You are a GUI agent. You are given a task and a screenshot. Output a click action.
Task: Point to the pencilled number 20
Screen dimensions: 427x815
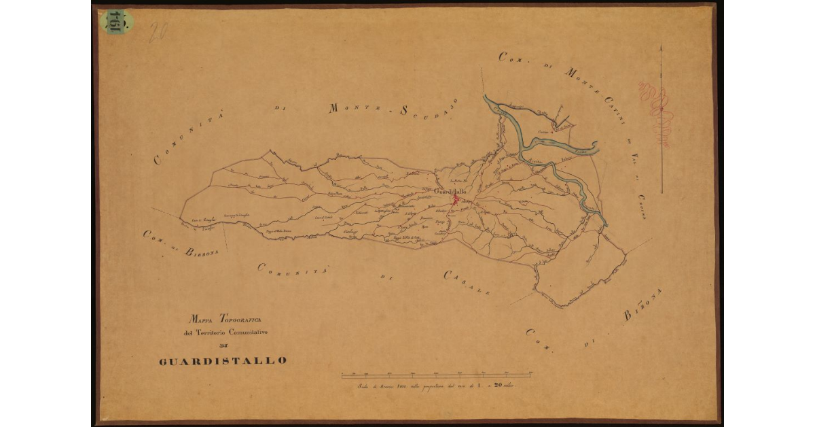(x=158, y=31)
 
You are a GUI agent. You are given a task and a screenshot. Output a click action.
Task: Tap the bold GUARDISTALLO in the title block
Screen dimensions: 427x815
(x=223, y=360)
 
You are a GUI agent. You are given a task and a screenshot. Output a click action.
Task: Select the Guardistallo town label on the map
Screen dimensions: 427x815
(x=450, y=192)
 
